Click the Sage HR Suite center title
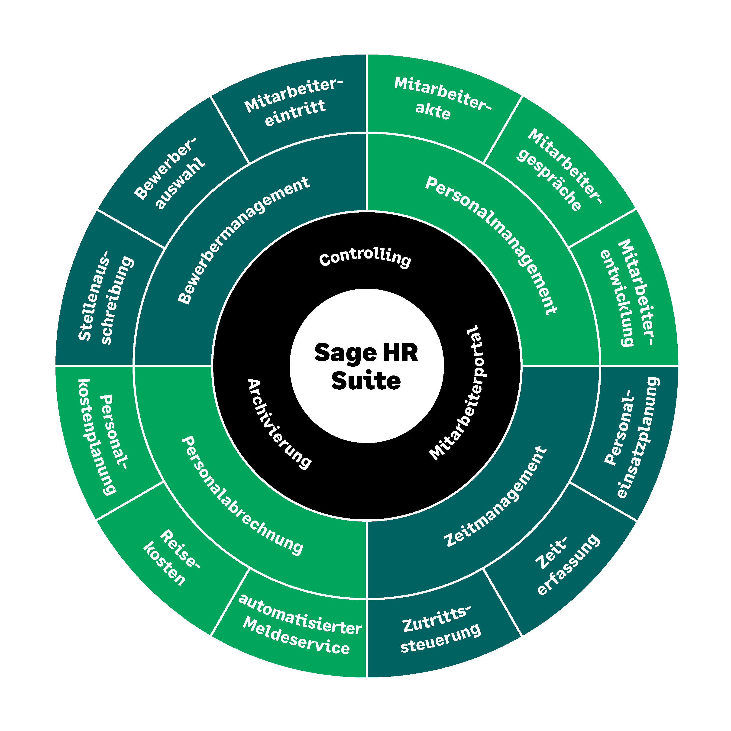tap(366, 366)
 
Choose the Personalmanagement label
tap(491, 246)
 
